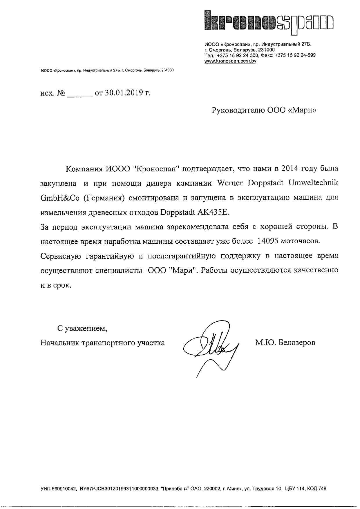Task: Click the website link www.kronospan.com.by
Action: click(230, 61)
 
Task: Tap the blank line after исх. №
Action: click(79, 94)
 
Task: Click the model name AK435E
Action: click(213, 212)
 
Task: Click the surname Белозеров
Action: click(296, 343)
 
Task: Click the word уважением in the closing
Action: click(86, 329)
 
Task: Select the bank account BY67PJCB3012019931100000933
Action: click(118, 489)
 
